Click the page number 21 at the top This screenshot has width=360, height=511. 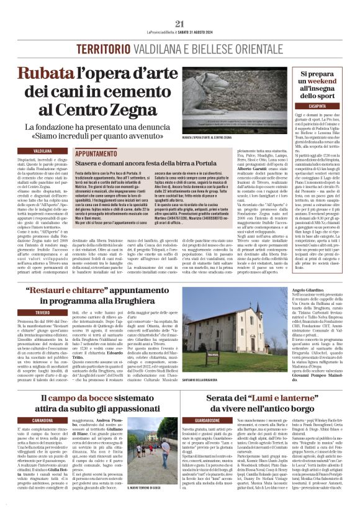[x=180, y=23]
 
